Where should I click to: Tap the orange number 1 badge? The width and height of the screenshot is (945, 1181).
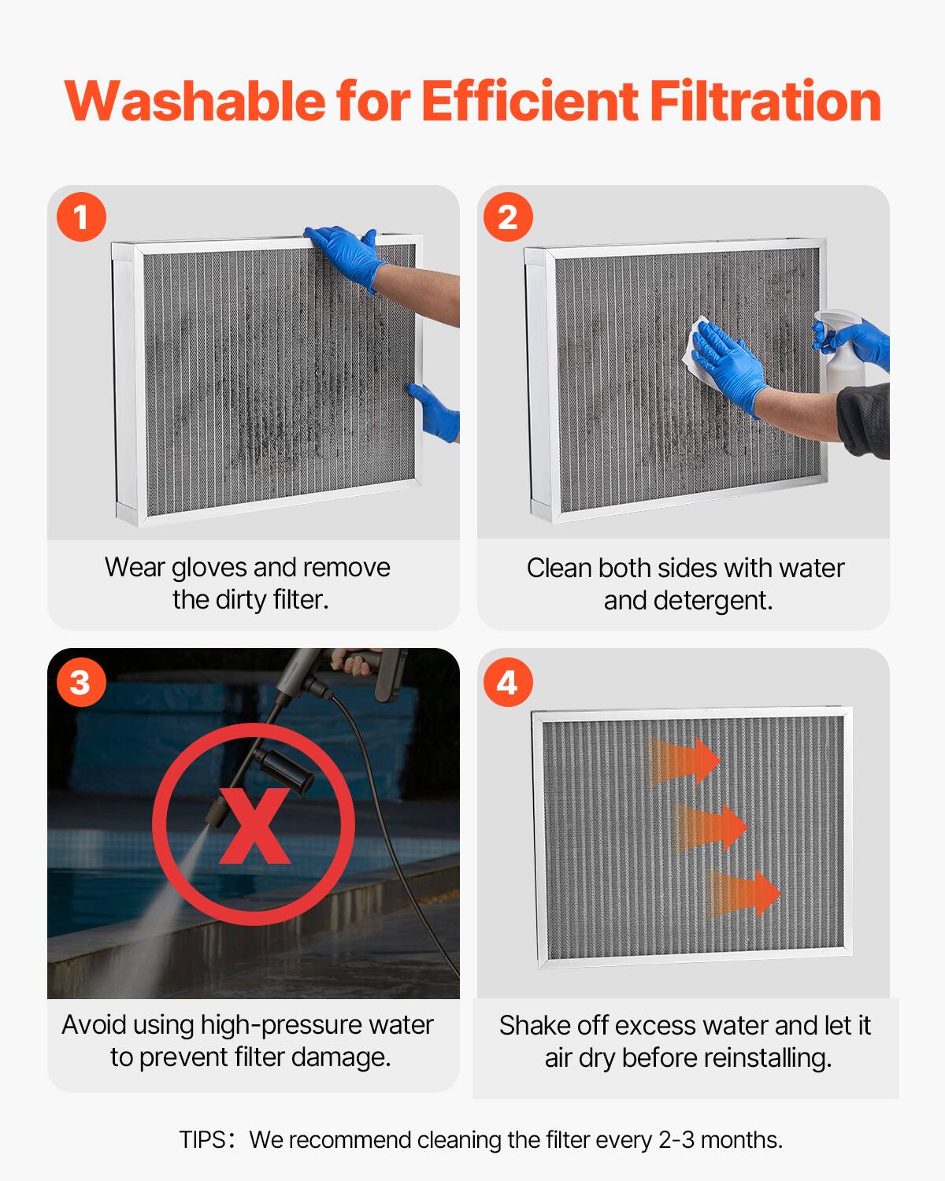[x=81, y=217]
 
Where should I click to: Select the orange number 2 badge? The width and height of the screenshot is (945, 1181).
[x=508, y=217]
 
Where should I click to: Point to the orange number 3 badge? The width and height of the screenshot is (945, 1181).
[x=80, y=681]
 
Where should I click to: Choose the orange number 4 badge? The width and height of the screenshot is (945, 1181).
[x=508, y=681]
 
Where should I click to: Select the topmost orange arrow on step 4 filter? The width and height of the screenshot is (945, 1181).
[x=685, y=761]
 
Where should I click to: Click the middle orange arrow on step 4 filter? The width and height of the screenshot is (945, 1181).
[x=713, y=827]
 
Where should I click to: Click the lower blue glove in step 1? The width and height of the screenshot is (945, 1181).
[x=438, y=411]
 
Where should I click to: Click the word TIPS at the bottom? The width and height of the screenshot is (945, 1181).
[x=202, y=1140]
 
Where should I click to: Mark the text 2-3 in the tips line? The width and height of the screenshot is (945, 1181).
[x=676, y=1140]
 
